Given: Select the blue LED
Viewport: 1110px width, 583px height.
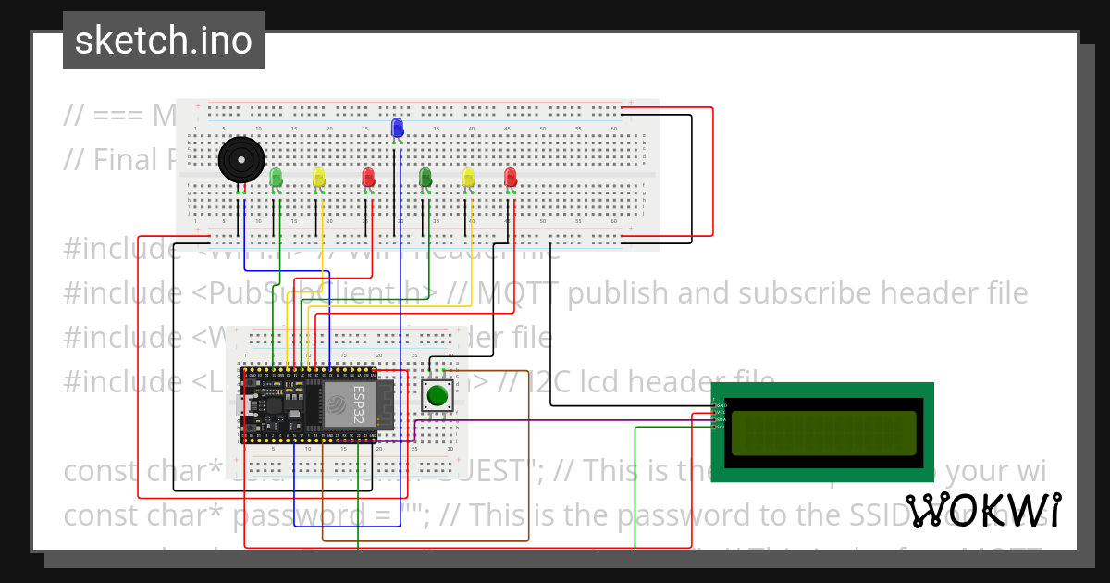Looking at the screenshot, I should (x=398, y=128).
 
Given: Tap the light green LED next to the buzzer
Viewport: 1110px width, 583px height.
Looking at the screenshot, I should (x=276, y=176).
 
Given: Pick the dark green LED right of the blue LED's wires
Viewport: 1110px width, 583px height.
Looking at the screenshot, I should (x=425, y=176).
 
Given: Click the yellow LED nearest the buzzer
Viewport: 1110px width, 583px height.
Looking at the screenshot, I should (x=319, y=176).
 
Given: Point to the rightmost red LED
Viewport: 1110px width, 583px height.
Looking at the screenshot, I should (x=511, y=176).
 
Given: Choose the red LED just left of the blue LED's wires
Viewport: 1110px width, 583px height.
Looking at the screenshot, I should (x=368, y=176).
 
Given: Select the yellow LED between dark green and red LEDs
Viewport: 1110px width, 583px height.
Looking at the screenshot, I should (x=468, y=176).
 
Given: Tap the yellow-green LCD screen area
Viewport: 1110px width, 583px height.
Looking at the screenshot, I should (x=823, y=432).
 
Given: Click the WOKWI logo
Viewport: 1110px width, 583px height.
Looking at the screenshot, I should (x=982, y=511).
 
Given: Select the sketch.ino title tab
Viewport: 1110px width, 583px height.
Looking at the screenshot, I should (x=164, y=41).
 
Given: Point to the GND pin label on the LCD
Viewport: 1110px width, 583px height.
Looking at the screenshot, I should (x=721, y=405).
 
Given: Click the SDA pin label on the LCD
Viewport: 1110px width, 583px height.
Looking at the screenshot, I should (x=721, y=420).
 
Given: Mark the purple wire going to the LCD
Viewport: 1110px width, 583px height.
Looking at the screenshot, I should (x=555, y=419).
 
